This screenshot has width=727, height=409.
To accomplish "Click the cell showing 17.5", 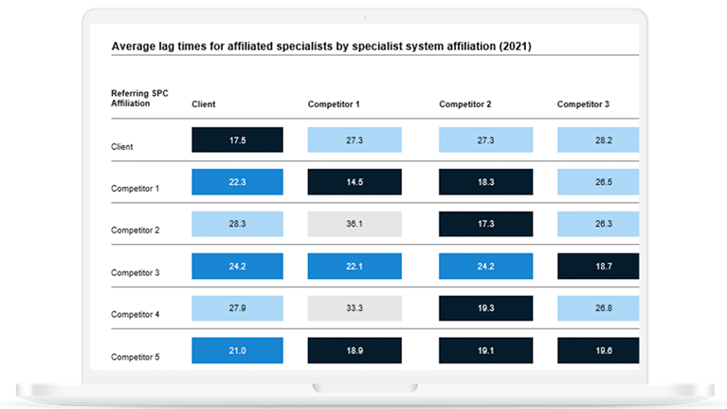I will coord(237,139).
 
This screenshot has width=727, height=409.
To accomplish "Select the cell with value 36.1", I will coord(354,224).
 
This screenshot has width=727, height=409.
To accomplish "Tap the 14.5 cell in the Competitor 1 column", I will coord(354,181).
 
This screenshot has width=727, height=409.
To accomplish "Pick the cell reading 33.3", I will coord(354,307).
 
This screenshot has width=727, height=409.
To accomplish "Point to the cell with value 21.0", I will coord(237,350).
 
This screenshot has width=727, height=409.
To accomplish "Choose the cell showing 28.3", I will coord(237,224).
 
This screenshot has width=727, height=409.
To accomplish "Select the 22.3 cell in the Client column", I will coord(237,181).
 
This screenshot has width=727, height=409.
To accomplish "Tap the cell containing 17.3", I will coord(485,224).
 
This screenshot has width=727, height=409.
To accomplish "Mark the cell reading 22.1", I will coord(354,266).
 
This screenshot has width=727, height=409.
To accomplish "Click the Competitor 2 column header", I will coord(465,103).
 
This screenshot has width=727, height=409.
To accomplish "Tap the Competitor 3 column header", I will coord(583,103).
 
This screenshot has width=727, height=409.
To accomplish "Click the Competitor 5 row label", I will coord(136,358).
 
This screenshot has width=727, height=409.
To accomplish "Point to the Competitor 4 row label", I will coord(136,315).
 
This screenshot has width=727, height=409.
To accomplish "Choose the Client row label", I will coord(121,147).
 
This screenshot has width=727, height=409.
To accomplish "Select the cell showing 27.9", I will coord(237,307).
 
